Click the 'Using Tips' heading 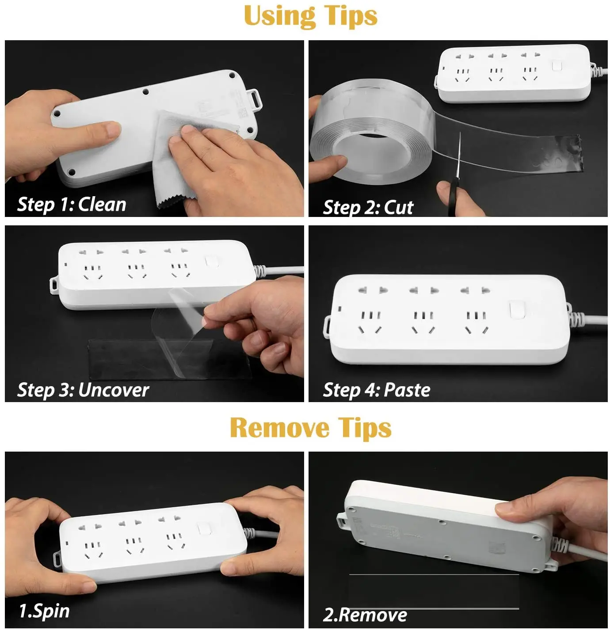[x=310, y=16]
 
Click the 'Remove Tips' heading [x=310, y=428]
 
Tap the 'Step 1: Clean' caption [x=72, y=205]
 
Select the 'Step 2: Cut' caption [x=368, y=207]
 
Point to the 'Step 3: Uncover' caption [x=83, y=390]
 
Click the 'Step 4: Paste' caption [x=376, y=390]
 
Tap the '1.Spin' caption [x=44, y=611]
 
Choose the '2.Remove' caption [x=365, y=615]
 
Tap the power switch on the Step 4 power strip [x=516, y=310]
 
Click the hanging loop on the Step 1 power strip [x=255, y=98]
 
